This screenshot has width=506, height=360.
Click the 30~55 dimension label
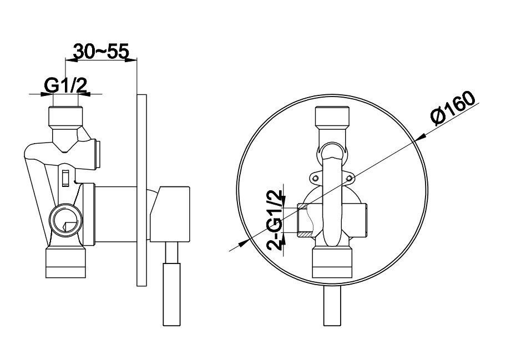pos(102,51)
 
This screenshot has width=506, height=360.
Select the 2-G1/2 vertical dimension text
pos(274,220)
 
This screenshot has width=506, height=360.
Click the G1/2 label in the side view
pos(65,86)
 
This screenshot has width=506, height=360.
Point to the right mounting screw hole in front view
pos(348,178)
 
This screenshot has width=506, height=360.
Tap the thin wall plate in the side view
pos(141,190)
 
